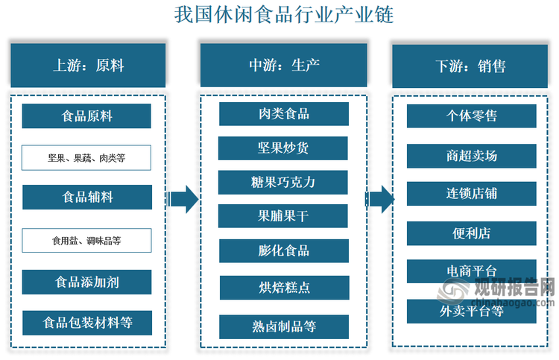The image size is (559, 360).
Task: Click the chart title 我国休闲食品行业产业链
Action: pyautogui.click(x=283, y=14)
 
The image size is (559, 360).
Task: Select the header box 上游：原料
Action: pyautogui.click(x=87, y=66)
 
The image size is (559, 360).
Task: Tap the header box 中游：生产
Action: pyautogui.click(x=283, y=66)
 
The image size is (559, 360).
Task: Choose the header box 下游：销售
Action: pyautogui.click(x=471, y=66)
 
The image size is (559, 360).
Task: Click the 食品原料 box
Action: pyautogui.click(x=87, y=116)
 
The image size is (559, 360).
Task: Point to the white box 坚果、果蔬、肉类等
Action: pyautogui.click(x=87, y=157)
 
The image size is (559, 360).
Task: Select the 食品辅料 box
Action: pyautogui.click(x=87, y=198)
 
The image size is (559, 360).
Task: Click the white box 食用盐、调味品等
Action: pyautogui.click(x=87, y=241)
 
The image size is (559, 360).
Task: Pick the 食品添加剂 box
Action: pyautogui.click(x=87, y=282)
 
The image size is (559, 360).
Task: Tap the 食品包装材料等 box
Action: pyautogui.click(x=87, y=323)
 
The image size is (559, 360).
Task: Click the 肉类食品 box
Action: pyautogui.click(x=283, y=114)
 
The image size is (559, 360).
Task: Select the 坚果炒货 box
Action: pyautogui.click(x=283, y=148)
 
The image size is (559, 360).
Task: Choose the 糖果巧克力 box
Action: pyautogui.click(x=283, y=182)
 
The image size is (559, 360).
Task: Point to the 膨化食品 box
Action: pyautogui.click(x=283, y=250)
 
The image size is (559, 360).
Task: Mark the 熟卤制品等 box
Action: pyautogui.click(x=283, y=326)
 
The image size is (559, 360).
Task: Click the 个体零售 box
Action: pyautogui.click(x=471, y=116)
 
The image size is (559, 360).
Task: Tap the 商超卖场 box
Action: pyautogui.click(x=471, y=156)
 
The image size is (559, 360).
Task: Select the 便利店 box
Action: pyautogui.click(x=471, y=233)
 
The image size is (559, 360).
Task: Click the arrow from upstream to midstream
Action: pyautogui.click(x=183, y=199)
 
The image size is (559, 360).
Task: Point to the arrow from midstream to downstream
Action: pyautogui.click(x=380, y=199)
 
